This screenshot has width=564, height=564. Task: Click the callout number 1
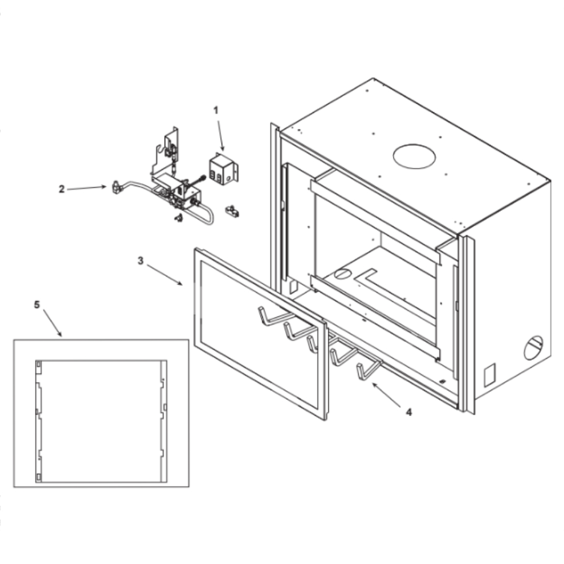pos(216,110)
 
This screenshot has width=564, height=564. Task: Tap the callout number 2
pos(62,189)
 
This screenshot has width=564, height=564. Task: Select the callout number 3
pos(140,261)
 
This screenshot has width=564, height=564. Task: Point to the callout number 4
pos(408,412)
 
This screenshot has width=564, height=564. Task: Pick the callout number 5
pos(37,305)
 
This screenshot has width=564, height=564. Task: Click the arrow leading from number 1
pos(220,135)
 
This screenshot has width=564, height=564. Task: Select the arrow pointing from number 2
pos(87,188)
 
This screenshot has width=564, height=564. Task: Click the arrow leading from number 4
pos(386,395)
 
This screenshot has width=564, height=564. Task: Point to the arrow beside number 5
pos(52,323)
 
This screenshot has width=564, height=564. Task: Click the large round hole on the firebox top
pos(414,156)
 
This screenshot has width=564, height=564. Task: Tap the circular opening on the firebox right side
pos(534,348)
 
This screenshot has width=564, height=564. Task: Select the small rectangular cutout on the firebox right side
pos(490,375)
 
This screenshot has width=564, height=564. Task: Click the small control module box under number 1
pos(223,169)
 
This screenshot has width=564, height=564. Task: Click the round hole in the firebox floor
pos(342,274)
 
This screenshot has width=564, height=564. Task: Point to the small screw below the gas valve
pos(178,218)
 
